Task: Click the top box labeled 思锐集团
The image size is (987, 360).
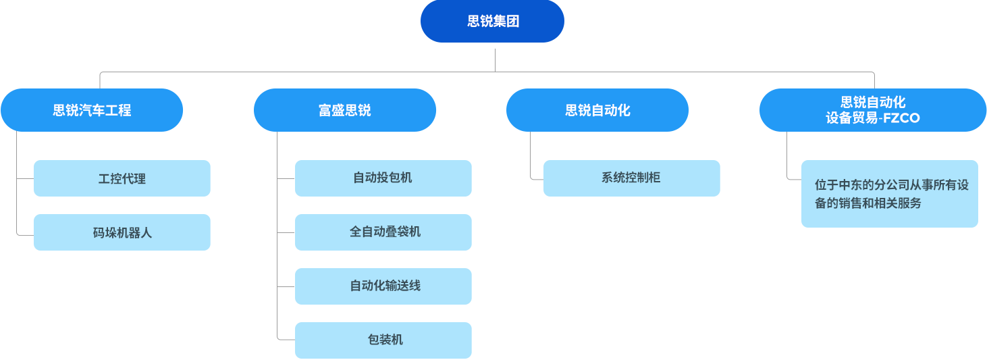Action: (492, 22)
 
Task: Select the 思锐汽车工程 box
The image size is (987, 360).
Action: (92, 110)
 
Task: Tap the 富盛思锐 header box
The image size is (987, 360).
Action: (345, 110)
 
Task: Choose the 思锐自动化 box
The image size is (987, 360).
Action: (597, 110)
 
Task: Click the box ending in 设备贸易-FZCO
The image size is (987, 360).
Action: (872, 110)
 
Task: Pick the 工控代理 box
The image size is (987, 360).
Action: (122, 179)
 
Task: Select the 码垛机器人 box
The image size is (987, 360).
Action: (122, 232)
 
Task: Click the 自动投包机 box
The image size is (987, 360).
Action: (383, 178)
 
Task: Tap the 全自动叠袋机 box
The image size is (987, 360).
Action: (383, 232)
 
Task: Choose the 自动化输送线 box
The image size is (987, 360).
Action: (383, 286)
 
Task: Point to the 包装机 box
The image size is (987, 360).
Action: (383, 340)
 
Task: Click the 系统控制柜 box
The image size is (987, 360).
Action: (631, 178)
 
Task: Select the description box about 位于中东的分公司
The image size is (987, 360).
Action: (889, 194)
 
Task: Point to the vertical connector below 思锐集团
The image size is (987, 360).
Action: (495, 60)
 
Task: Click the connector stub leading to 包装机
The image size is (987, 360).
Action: (286, 338)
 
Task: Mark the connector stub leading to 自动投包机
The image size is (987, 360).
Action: (286, 179)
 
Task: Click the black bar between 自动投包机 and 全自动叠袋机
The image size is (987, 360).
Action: (383, 206)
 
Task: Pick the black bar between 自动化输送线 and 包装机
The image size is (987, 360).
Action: (383, 313)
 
